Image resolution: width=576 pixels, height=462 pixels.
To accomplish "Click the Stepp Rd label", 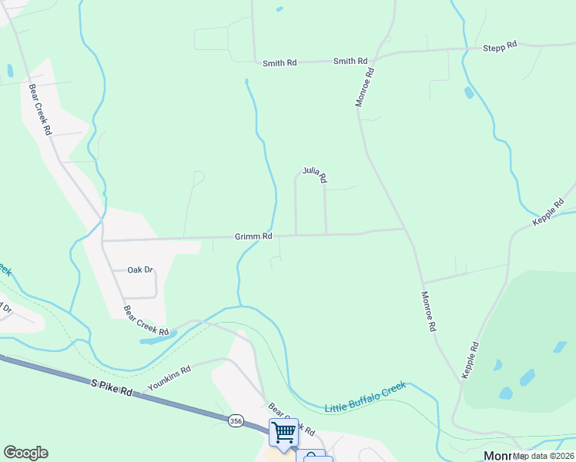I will pyautogui.click(x=500, y=48).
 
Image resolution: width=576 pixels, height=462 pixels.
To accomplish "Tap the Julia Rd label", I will pyautogui.click(x=315, y=175).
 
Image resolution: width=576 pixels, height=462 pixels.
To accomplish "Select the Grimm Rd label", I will pyautogui.click(x=253, y=237).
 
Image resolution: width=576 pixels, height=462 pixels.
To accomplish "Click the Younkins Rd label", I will pyautogui.click(x=169, y=376).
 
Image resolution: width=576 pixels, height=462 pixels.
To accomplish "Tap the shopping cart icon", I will pyautogui.click(x=283, y=432).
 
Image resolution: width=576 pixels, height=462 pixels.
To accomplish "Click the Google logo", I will pyautogui.click(x=26, y=453).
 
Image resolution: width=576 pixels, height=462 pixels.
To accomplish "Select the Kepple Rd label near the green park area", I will pyautogui.click(x=471, y=360).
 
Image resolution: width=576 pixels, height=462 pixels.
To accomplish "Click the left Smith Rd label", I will pyautogui.click(x=280, y=63).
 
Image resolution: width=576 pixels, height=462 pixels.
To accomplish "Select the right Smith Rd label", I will pyautogui.click(x=350, y=61).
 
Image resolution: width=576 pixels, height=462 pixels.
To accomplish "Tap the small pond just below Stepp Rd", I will pyautogui.click(x=469, y=93).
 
